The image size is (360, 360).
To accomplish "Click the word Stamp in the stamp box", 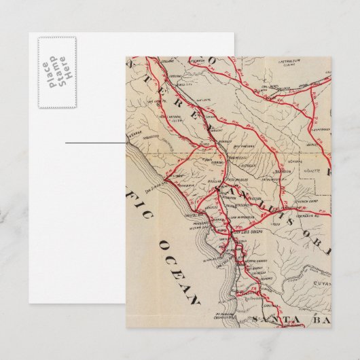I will (56, 72).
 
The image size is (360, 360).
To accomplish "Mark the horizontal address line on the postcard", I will (95, 143).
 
